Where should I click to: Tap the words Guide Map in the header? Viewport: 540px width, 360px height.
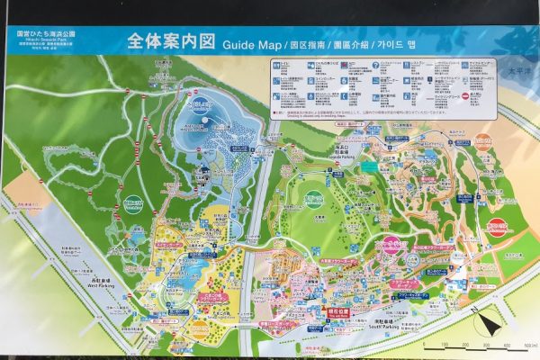coord(251,43)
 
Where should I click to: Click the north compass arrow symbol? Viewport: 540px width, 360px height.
coord(487,321)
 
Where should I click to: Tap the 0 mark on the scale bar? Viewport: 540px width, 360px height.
coord(423,344)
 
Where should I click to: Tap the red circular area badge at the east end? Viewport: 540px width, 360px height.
coord(483,142)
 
